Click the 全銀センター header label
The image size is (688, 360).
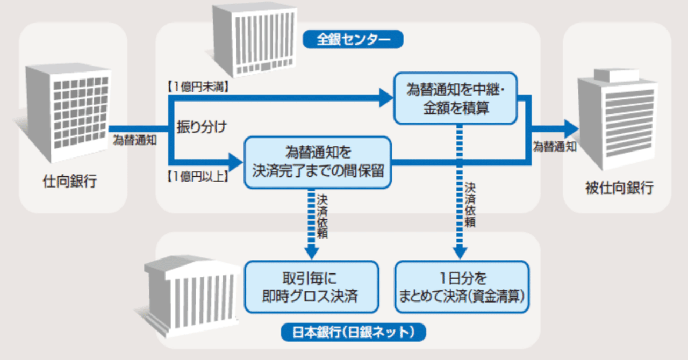(x=353, y=39)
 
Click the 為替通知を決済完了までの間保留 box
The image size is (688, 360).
(x=318, y=162)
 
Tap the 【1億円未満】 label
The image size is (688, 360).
(x=197, y=85)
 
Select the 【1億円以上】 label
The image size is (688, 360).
(x=197, y=175)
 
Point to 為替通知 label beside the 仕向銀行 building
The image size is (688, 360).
(x=135, y=140)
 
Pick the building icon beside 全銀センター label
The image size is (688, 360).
(x=253, y=40)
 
